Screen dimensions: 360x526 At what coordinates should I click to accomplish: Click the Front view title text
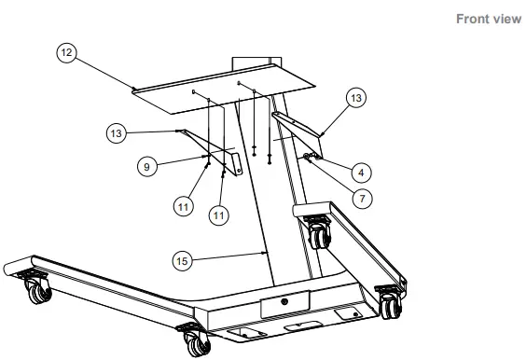[488, 20]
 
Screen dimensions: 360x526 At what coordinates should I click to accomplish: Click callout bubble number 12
[66, 54]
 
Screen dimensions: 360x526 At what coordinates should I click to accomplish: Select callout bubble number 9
[145, 166]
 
